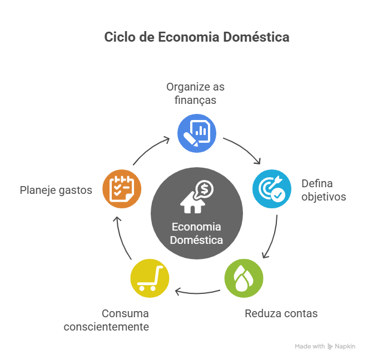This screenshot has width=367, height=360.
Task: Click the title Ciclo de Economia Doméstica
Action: [197, 38]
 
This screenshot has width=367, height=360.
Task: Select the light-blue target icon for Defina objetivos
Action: [271, 188]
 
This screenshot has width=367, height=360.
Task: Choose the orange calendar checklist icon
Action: [121, 188]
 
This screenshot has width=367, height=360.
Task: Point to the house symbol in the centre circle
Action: [192, 202]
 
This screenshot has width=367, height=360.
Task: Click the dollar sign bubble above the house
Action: [204, 189]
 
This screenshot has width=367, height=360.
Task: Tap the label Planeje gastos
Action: [56, 189]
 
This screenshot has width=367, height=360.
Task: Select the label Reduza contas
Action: [281, 313]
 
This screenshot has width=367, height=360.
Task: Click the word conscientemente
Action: [106, 327]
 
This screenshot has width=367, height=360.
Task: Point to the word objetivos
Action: [324, 197]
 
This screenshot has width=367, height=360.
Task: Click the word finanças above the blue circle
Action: [195, 101]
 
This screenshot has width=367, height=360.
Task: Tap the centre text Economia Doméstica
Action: [196, 233]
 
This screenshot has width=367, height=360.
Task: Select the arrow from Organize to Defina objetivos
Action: [245, 148]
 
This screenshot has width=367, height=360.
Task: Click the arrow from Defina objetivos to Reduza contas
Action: [273, 236]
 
